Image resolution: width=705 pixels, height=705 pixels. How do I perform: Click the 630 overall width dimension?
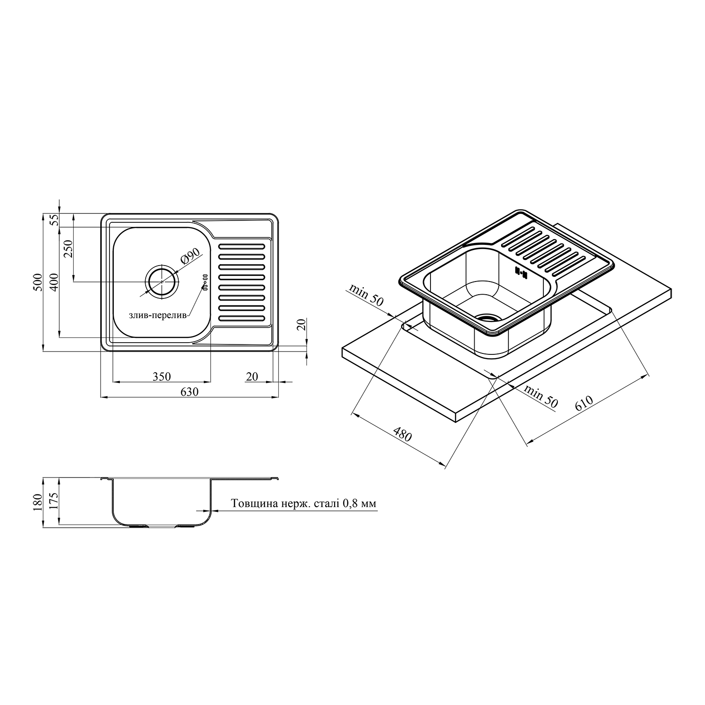[188, 392]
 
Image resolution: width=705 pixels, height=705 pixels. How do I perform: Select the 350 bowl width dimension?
[161, 376]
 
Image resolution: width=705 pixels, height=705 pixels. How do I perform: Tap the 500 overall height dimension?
[38, 282]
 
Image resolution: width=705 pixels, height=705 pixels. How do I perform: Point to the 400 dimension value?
[54, 282]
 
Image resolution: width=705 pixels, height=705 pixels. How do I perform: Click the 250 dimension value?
[68, 249]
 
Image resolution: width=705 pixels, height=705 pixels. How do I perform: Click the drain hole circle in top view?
[162, 281]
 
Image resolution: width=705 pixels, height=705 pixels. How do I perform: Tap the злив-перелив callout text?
[158, 315]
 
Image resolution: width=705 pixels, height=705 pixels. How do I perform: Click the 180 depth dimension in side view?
[38, 501]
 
